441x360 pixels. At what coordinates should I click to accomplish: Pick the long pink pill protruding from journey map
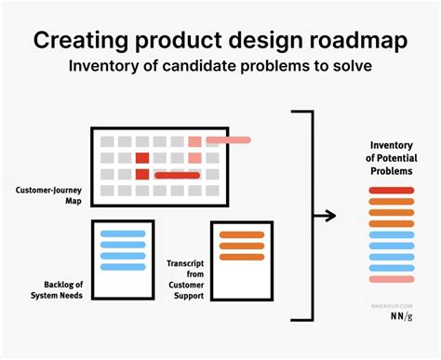click(228, 140)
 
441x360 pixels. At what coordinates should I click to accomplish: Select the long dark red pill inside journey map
click(177, 174)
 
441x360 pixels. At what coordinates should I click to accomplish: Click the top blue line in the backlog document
click(122, 233)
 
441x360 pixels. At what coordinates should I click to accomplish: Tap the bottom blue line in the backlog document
click(122, 267)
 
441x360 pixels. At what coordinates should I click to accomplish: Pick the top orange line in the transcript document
click(241, 234)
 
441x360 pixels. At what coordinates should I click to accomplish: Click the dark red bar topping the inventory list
click(391, 191)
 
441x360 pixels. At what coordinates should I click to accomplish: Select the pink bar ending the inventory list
click(391, 279)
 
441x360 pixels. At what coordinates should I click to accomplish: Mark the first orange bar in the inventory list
click(391, 202)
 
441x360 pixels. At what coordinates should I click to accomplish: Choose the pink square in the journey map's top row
click(194, 141)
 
